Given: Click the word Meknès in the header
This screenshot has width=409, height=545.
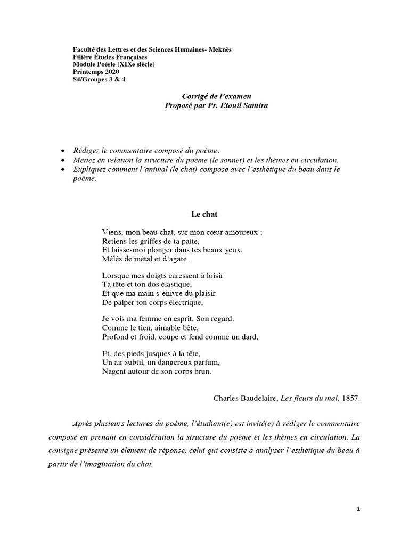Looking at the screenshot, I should point(219,49).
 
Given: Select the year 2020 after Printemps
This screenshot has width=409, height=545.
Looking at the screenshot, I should point(110,72).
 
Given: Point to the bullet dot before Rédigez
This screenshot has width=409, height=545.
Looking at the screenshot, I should point(63,151).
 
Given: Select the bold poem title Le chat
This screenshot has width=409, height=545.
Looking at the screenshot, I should point(204,214).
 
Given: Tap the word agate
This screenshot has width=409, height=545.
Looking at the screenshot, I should point(178,259).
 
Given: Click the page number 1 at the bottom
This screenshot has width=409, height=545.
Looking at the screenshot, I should point(358,509).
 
